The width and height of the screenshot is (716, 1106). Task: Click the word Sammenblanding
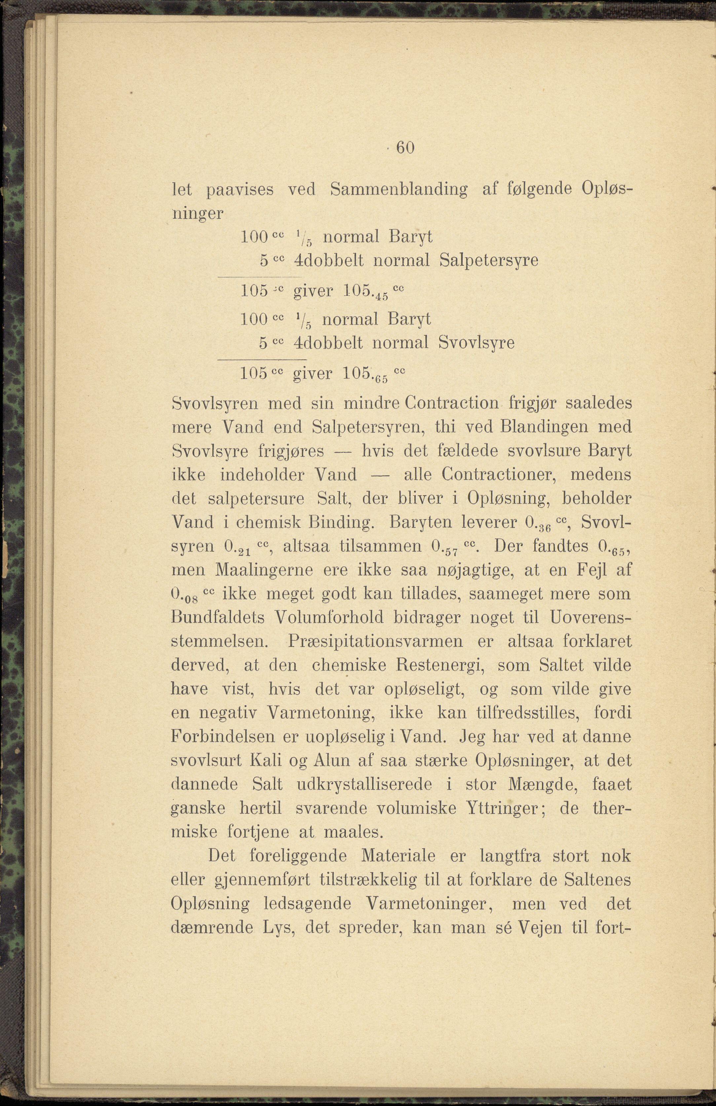pos(399,190)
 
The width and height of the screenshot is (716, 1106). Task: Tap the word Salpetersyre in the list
pos(489,261)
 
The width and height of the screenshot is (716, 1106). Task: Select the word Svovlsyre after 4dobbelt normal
pos(476,343)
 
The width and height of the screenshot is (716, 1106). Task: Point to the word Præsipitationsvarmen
pos(376,642)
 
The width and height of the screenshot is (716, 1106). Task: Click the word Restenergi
pos(441,665)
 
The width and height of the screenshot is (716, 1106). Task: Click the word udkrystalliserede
pos(364,785)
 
